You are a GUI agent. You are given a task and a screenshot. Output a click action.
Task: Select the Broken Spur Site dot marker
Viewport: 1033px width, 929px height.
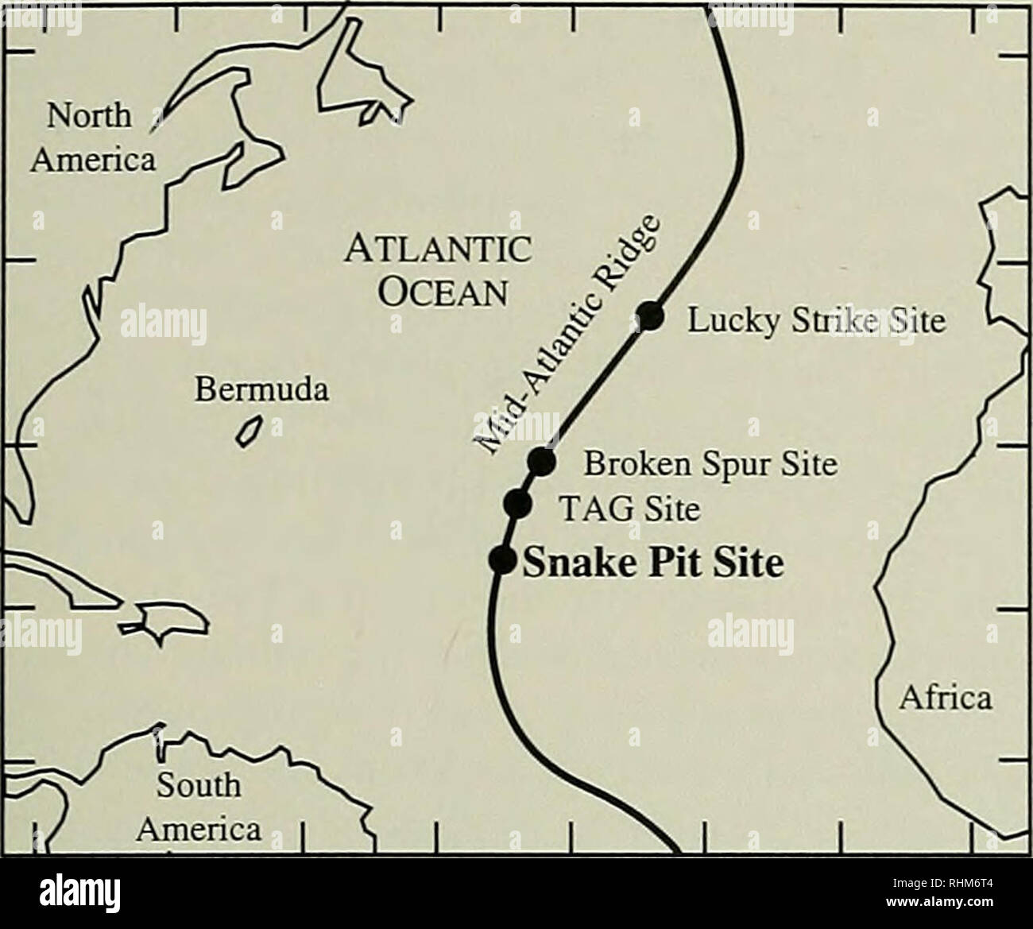point(540,460)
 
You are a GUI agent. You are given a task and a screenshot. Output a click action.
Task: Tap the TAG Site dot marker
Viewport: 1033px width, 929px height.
point(517,502)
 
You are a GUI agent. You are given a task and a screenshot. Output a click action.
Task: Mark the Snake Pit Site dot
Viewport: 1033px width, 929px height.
point(502,559)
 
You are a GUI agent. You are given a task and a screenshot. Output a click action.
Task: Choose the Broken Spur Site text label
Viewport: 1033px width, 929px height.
point(710,463)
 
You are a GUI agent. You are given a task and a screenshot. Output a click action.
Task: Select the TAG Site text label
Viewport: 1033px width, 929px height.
point(631,506)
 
